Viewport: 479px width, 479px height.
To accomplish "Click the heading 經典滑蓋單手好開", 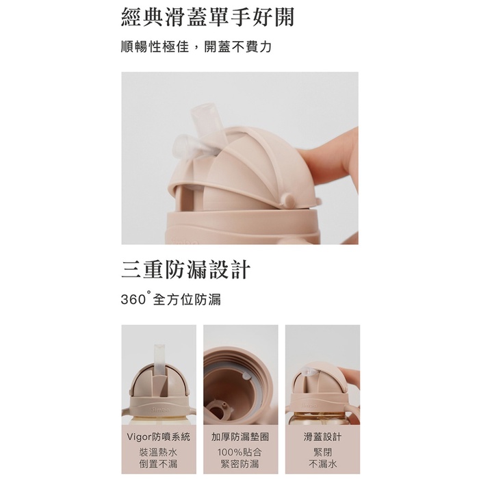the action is (x=208, y=17).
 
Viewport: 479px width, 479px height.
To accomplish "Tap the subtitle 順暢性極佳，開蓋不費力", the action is (x=196, y=47).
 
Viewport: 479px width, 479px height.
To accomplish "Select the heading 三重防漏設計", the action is (x=185, y=269).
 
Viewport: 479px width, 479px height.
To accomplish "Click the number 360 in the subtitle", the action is (x=133, y=300).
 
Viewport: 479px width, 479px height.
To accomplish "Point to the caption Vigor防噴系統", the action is (x=159, y=437).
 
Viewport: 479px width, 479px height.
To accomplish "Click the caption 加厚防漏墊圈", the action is (x=240, y=437).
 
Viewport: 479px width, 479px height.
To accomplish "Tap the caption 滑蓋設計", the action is (x=322, y=437).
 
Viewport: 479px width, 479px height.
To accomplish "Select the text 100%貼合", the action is (x=239, y=452).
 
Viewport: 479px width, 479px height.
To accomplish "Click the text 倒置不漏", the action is (x=158, y=464).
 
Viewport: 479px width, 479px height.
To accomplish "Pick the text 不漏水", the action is (x=322, y=464).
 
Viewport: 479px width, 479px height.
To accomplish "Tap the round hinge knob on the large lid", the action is (x=288, y=200).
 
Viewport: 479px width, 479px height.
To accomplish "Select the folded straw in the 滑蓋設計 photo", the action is (x=307, y=372).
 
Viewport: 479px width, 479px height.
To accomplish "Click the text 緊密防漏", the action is (x=239, y=464).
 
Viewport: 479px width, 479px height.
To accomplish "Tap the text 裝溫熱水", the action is (x=158, y=452).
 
